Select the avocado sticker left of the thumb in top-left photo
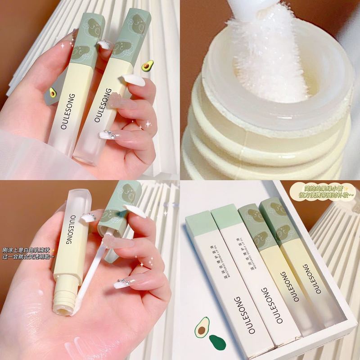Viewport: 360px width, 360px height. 53,93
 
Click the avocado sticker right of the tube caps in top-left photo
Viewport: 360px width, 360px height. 147,66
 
